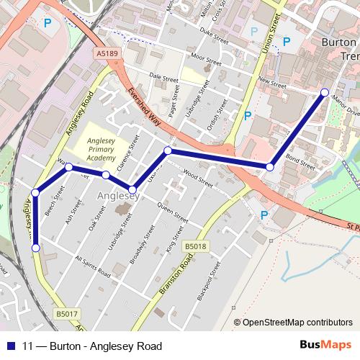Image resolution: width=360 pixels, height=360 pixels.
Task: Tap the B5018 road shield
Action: click(x=194, y=246)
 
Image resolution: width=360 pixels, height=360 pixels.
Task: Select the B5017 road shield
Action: click(x=66, y=313)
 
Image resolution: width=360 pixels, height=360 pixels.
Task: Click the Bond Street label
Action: click(x=301, y=160)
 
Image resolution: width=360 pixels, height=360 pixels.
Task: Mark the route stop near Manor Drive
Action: click(x=325, y=92)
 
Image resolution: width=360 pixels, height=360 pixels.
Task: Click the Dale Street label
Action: click(x=163, y=75)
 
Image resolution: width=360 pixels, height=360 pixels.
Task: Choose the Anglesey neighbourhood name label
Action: click(x=117, y=196)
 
